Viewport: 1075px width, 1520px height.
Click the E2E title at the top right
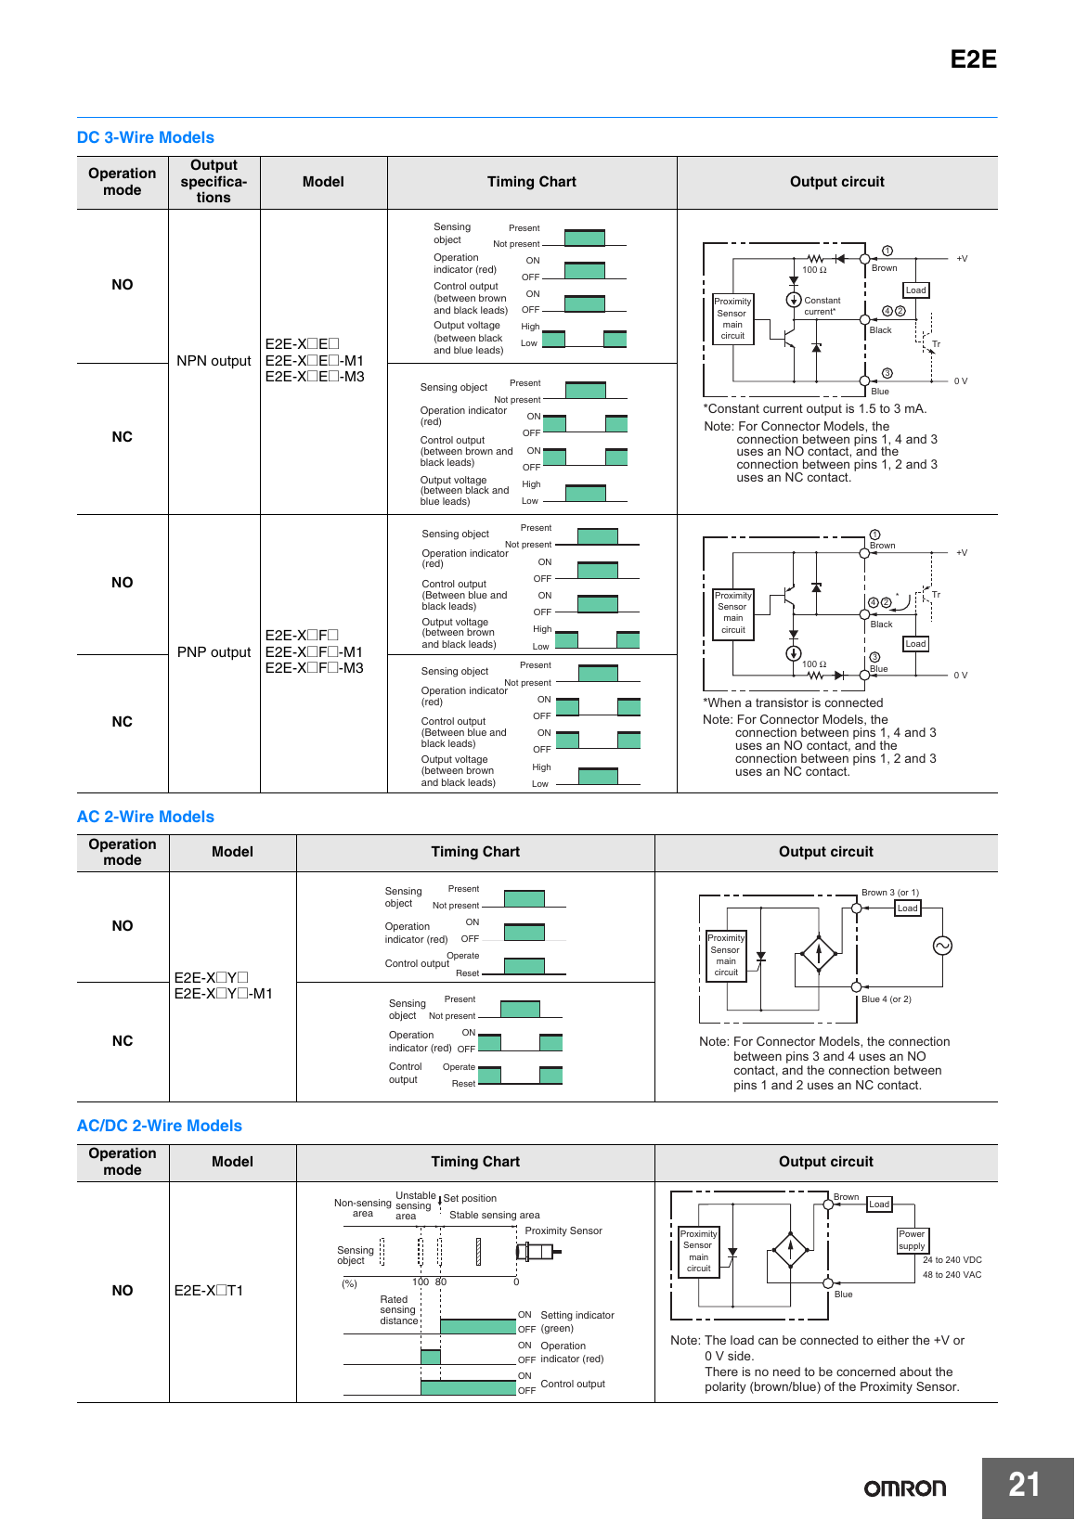click(973, 59)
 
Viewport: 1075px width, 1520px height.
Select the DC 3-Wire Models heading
click(145, 137)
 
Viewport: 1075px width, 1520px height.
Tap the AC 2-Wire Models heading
click(145, 817)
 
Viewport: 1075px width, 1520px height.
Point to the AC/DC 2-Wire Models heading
click(160, 1125)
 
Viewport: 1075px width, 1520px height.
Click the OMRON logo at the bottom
click(905, 1488)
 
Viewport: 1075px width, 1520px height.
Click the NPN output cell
click(214, 361)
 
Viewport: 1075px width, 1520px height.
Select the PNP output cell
click(214, 652)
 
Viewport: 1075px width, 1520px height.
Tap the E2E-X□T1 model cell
click(208, 1290)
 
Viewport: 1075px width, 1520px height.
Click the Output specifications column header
click(214, 181)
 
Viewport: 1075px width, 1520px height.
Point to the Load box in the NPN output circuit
click(915, 290)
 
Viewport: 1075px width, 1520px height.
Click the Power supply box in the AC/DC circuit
click(912, 1240)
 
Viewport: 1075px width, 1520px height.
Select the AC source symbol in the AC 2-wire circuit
click(942, 946)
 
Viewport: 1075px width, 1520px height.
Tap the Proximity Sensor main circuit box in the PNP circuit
click(733, 612)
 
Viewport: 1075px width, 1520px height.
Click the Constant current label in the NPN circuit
click(822, 306)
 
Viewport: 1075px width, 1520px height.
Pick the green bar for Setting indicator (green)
click(478, 1326)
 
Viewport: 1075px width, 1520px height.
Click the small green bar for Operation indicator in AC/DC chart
click(430, 1357)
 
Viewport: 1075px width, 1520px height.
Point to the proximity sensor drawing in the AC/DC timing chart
click(538, 1251)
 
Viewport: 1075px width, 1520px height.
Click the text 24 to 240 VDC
click(952, 1259)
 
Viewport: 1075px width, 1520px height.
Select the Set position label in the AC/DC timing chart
click(470, 1198)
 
